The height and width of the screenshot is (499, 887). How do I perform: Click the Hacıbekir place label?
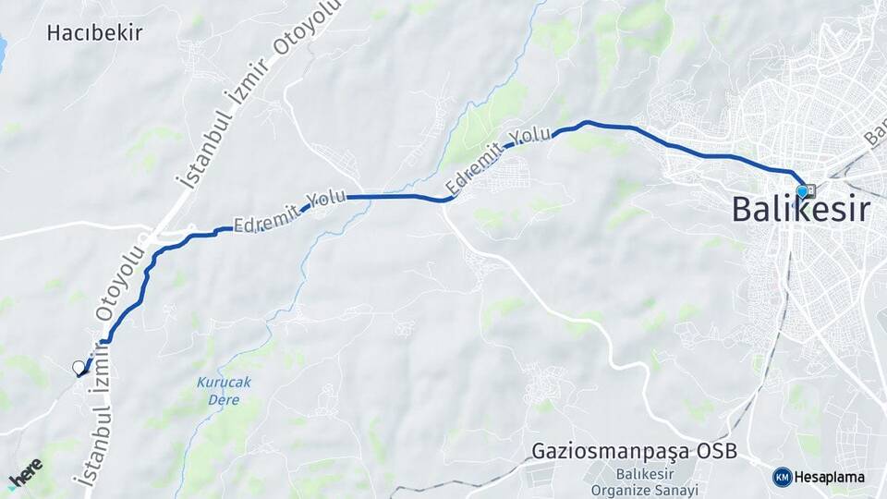click(95, 33)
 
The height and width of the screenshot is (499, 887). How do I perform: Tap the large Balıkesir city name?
click(800, 210)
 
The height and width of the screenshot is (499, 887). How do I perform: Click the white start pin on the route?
click(79, 368)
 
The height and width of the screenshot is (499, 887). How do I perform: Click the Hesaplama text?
click(830, 478)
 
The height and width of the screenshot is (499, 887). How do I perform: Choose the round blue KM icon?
click(782, 478)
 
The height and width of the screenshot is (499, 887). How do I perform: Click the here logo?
click(25, 472)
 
